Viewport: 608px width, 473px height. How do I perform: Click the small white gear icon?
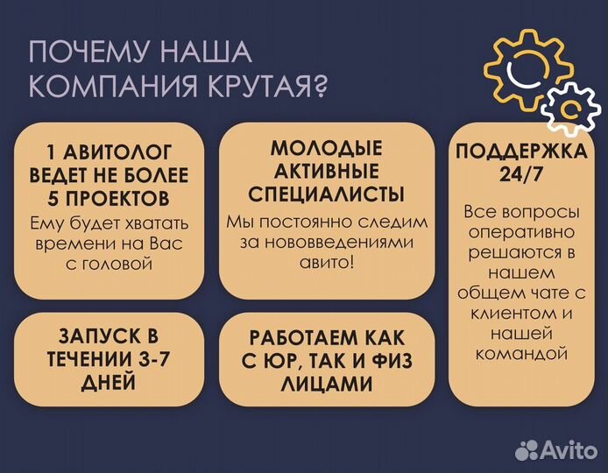pos(571,108)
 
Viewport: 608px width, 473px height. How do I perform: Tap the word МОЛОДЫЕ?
pos(326,146)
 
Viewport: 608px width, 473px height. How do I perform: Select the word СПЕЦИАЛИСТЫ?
pos(326,193)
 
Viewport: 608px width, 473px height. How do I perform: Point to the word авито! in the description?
pos(325,263)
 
